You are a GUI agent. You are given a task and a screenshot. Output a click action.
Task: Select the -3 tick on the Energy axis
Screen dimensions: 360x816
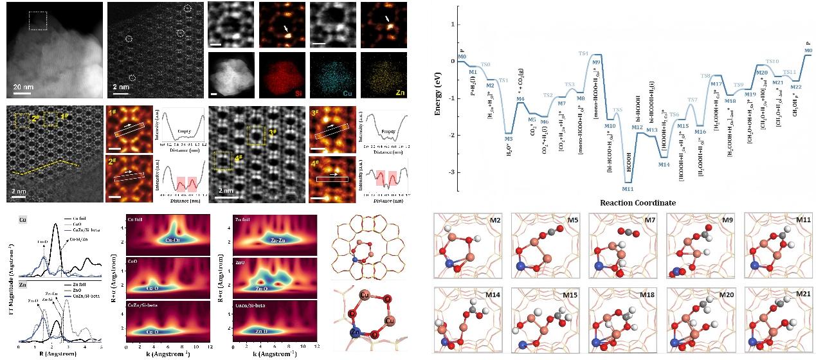pos(443,173)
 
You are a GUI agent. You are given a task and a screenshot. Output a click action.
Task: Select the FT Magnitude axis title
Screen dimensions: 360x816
pos(5,277)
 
